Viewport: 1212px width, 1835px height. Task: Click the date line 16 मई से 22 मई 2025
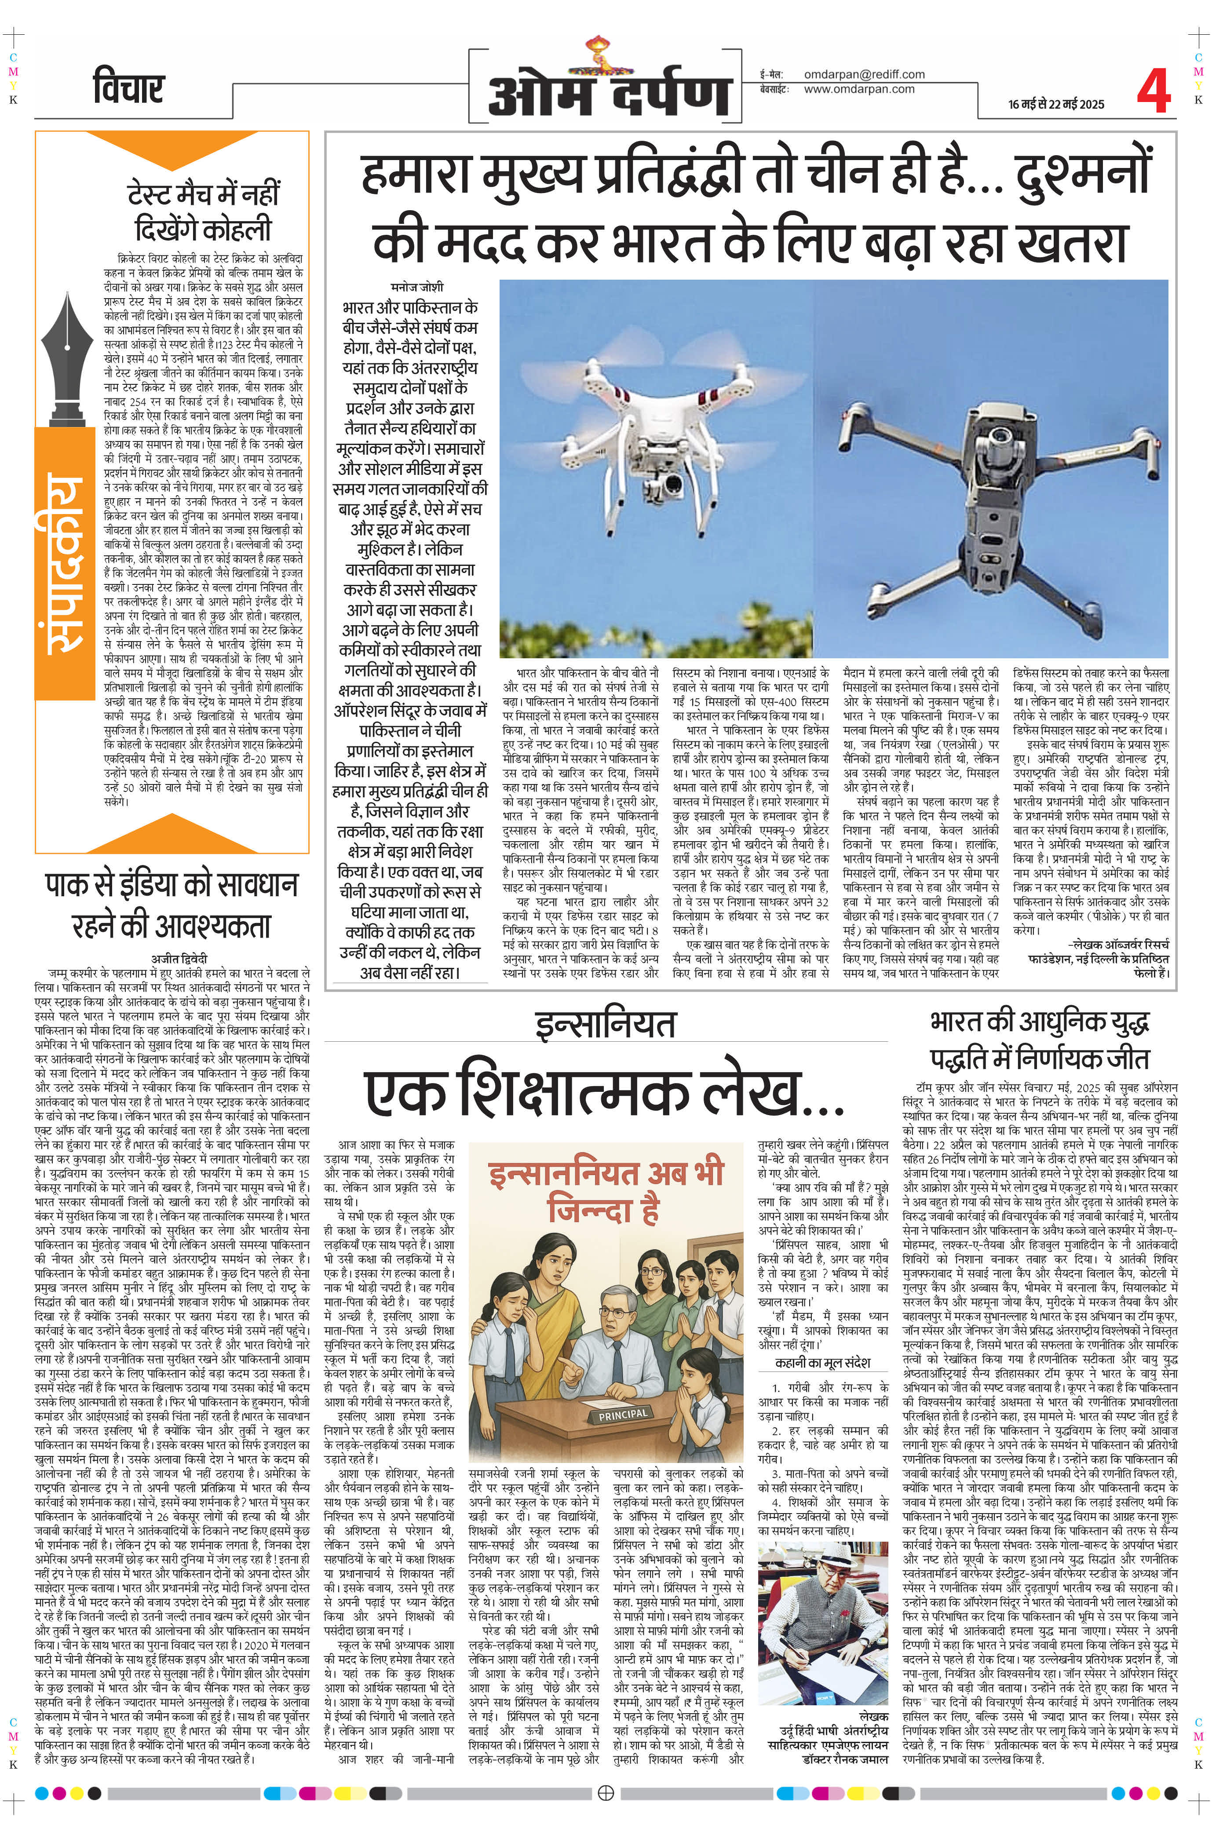click(1056, 104)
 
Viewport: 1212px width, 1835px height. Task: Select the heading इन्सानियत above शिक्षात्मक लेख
click(605, 1024)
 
